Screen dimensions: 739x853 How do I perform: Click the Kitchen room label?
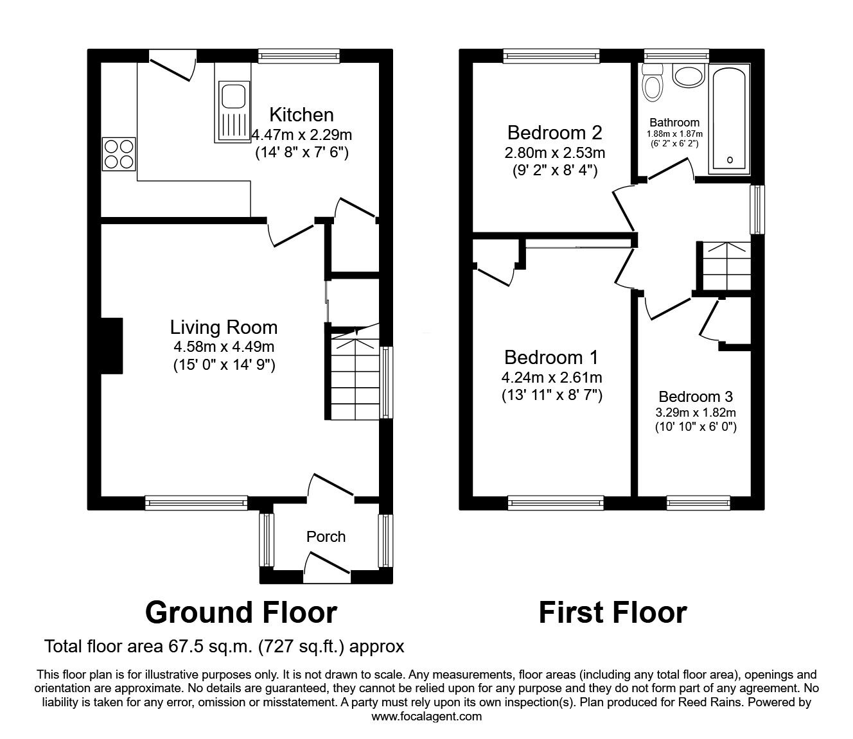pyautogui.click(x=301, y=115)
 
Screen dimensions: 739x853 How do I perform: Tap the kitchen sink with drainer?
pyautogui.click(x=232, y=110)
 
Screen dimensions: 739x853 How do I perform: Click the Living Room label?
pyautogui.click(x=224, y=327)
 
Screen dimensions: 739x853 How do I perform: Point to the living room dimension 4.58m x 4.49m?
pyautogui.click(x=224, y=347)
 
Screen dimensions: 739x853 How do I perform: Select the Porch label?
pyautogui.click(x=326, y=537)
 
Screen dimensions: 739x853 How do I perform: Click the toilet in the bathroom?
pyautogui.click(x=653, y=83)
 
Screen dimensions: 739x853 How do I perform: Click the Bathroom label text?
pyautogui.click(x=674, y=123)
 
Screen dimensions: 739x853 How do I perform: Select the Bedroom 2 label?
pyautogui.click(x=554, y=133)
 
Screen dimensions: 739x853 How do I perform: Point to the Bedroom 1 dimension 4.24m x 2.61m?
pyautogui.click(x=552, y=378)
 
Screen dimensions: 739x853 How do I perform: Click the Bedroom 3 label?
pyautogui.click(x=696, y=397)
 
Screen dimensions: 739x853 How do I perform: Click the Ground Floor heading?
pyautogui.click(x=241, y=613)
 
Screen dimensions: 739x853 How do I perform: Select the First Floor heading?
pyautogui.click(x=612, y=613)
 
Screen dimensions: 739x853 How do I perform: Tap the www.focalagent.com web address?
pyautogui.click(x=426, y=717)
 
